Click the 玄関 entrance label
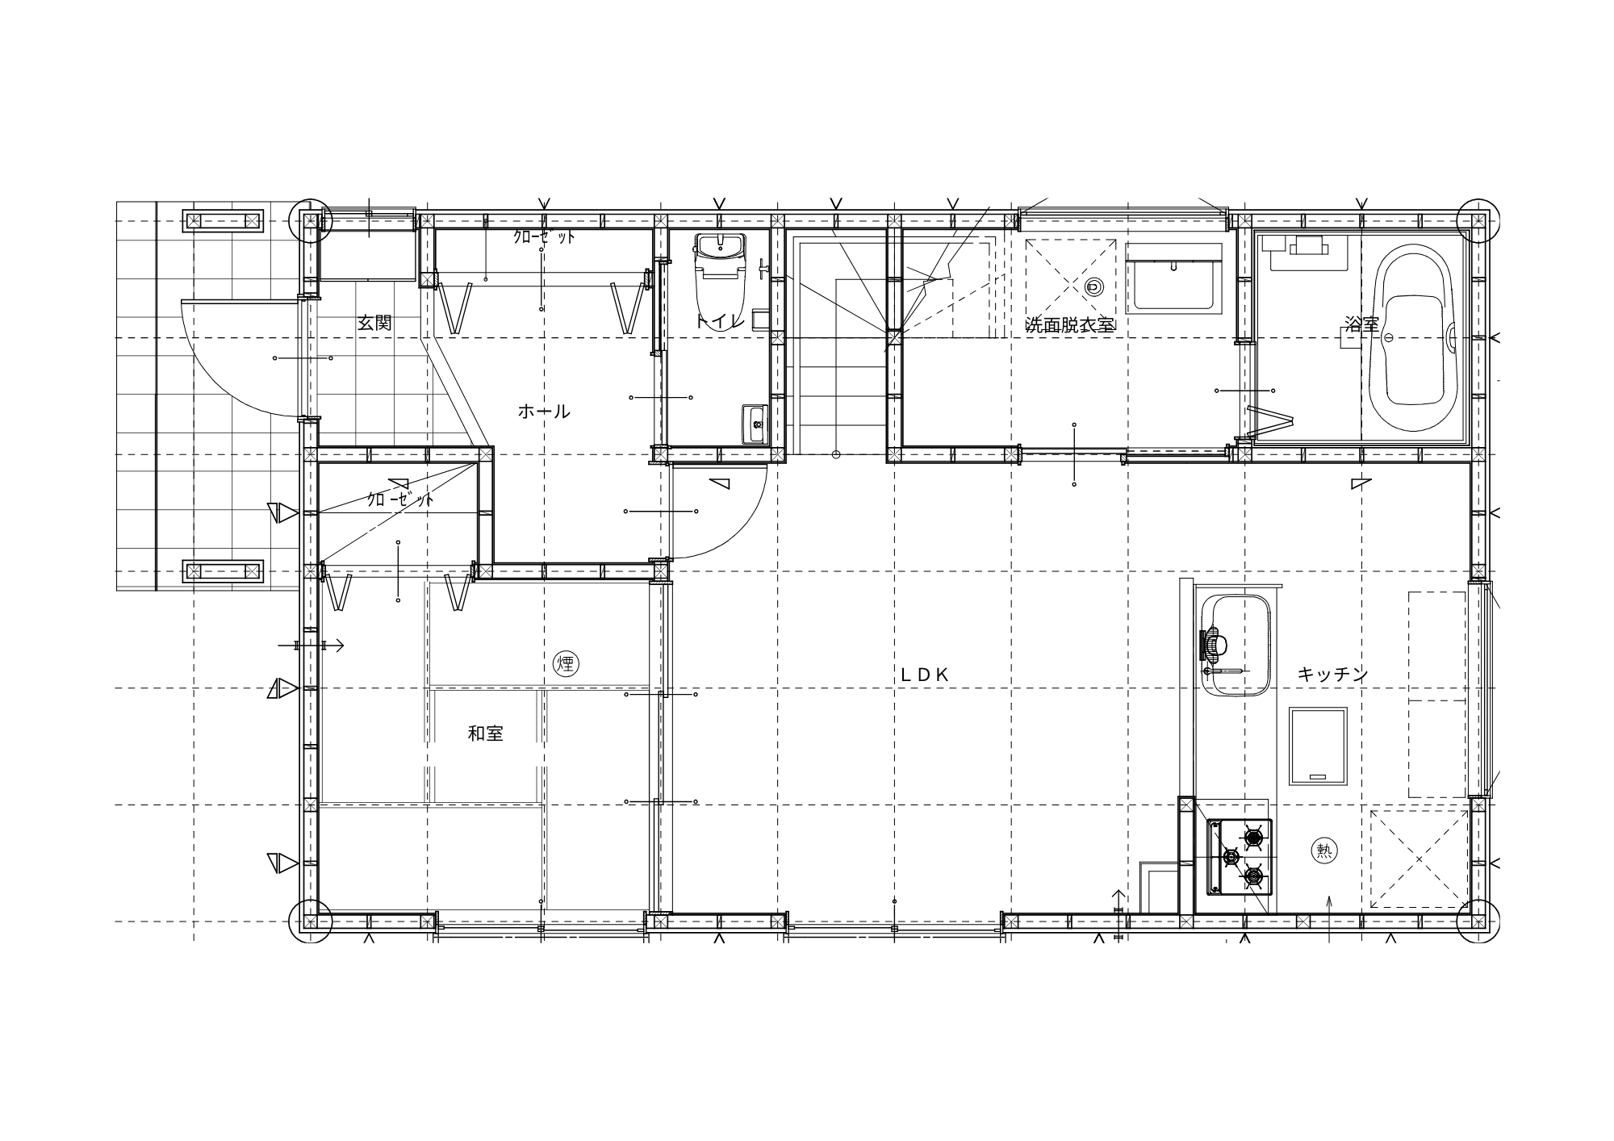click(374, 323)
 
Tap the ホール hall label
click(544, 412)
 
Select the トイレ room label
click(718, 321)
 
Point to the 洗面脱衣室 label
click(1069, 324)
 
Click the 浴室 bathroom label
click(1361, 324)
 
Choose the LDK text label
click(925, 675)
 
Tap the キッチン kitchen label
click(1332, 675)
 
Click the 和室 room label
click(486, 733)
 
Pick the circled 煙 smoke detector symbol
click(566, 664)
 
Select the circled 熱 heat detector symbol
click(1324, 851)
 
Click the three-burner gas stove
click(1240, 857)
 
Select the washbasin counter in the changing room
click(1175, 279)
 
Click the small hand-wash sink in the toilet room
click(755, 423)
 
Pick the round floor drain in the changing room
click(1094, 286)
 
